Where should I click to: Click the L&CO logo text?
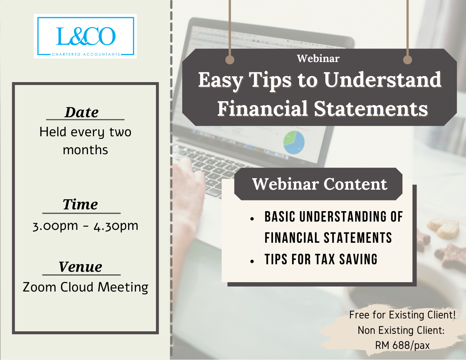[86, 37]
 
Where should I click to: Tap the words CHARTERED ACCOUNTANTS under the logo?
[86, 55]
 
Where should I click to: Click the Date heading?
[81, 112]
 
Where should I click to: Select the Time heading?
[80, 204]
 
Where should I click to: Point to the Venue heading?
[80, 267]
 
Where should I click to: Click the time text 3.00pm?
[55, 226]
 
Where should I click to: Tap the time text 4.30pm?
[116, 226]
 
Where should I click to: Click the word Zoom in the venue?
[39, 287]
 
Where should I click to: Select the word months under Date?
[85, 150]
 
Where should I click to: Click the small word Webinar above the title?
[318, 58]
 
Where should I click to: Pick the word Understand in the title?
[382, 80]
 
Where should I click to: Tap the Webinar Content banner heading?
[320, 184]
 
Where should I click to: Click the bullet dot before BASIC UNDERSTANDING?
[252, 219]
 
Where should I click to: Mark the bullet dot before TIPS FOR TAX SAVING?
[252, 261]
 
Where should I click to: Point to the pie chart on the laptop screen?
[294, 142]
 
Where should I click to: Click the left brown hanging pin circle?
[230, 60]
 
